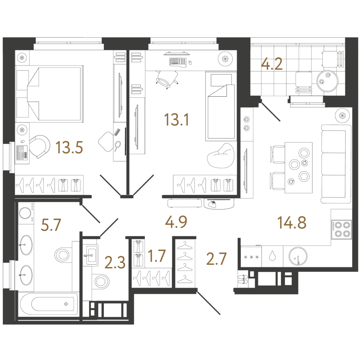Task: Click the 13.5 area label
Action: pos(69,147)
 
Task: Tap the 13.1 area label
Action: pos(176,120)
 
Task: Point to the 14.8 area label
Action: pos(292,223)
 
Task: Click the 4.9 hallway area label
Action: pos(176,222)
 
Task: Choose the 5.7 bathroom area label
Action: pos(51,225)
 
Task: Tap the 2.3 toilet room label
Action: pos(115,262)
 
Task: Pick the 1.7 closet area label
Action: pos(157,256)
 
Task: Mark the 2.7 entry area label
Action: pos(216,258)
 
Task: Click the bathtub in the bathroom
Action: pos(49,304)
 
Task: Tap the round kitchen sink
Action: pos(298,256)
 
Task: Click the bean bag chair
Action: pos(221,156)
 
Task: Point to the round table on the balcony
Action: pos(327,81)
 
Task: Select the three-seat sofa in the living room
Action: pos(336,164)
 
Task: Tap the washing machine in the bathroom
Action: pos(25,213)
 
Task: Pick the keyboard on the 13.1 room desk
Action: pos(178,61)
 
